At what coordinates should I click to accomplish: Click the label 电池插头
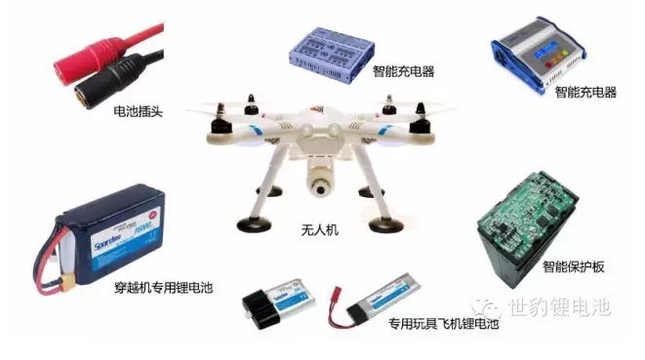click(140, 111)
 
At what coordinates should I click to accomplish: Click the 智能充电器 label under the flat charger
click(403, 71)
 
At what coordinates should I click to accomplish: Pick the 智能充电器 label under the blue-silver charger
click(585, 93)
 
